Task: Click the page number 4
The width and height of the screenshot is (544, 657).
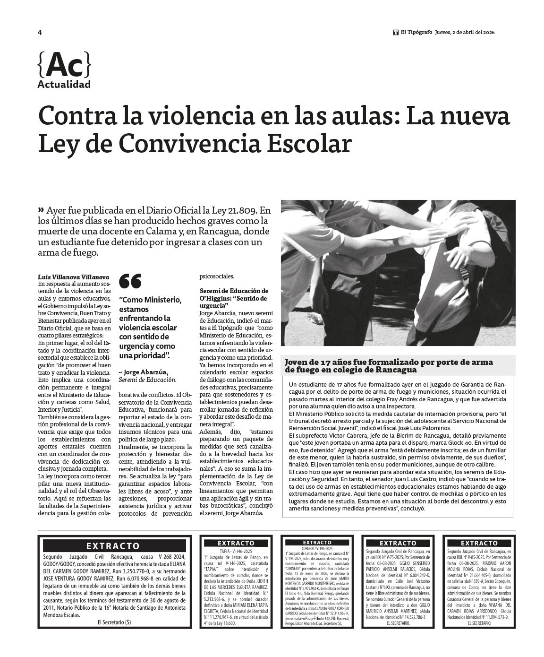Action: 40,33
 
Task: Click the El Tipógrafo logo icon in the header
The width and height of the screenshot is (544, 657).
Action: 396,33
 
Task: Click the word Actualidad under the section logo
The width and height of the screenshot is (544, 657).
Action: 64,85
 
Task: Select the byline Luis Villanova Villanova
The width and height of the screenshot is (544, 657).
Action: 73,277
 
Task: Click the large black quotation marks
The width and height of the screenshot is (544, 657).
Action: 130,281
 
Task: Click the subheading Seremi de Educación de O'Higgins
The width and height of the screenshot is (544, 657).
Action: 234,294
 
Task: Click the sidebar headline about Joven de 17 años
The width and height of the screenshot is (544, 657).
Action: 388,366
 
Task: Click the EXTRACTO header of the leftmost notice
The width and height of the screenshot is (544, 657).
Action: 113,546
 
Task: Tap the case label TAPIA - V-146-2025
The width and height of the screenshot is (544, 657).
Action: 236,551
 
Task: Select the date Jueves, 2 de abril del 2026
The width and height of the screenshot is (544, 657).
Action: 464,33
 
